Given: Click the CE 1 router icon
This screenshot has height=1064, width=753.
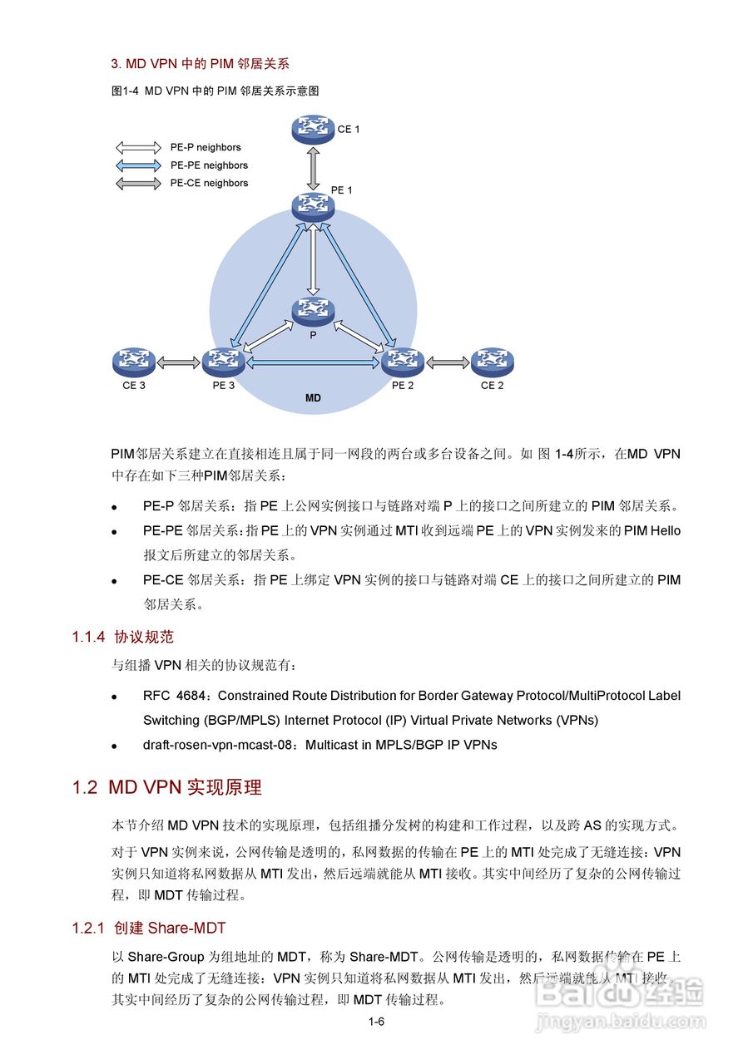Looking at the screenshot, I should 313,129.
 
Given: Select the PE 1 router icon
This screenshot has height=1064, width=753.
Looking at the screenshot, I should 313,205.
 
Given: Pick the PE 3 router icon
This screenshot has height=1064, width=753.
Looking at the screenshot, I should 222,362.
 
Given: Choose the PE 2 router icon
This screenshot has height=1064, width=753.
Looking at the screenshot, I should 403,362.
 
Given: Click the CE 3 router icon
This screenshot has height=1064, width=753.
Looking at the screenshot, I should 133,362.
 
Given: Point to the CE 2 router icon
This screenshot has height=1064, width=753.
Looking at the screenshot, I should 492,362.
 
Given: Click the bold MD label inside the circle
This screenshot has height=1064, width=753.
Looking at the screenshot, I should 313,399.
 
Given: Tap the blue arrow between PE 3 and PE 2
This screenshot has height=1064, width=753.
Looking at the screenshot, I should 312,362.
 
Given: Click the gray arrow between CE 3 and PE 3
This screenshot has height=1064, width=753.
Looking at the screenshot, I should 177,362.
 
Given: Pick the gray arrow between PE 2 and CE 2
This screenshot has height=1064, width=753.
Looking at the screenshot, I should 448,362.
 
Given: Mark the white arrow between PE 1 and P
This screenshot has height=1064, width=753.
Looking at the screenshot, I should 313,259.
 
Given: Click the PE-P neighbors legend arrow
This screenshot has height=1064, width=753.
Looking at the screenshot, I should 138,148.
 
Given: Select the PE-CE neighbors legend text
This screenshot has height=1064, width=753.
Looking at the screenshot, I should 209,183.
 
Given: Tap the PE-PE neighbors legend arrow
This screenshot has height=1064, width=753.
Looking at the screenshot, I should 138,165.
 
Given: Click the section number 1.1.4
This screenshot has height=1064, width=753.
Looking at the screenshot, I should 88,638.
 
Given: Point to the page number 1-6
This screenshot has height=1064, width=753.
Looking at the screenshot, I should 376,1022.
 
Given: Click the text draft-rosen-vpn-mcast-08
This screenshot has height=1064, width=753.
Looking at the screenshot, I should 219,745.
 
